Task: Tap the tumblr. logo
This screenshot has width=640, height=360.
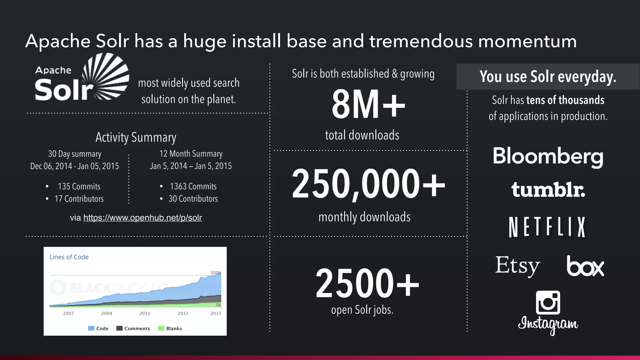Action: click(548, 190)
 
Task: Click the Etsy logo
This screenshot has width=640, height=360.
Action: click(517, 266)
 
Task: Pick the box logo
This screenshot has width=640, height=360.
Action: click(585, 266)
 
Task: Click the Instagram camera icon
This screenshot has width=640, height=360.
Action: click(548, 302)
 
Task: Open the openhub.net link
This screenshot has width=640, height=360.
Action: click(142, 217)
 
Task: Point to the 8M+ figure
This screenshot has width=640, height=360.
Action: click(368, 104)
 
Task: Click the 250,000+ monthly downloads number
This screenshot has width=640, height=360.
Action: click(368, 184)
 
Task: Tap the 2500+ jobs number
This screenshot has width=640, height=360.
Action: click(367, 283)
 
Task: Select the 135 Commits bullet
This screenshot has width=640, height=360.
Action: click(79, 187)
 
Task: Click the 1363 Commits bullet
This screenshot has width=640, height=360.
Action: click(193, 187)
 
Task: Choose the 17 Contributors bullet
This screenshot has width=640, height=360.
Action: click(79, 199)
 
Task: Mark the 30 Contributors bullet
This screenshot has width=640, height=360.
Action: click(193, 199)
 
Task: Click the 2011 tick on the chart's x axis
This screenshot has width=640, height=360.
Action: click(145, 313)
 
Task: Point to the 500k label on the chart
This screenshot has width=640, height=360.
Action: click(216, 272)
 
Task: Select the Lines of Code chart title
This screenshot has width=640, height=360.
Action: click(69, 257)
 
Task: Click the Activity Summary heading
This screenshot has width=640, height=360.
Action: click(136, 137)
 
